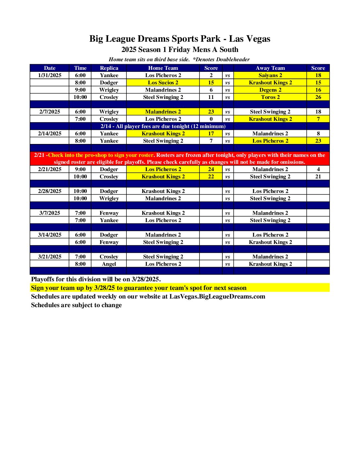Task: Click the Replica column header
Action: [x=109, y=68]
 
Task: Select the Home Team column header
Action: [x=163, y=68]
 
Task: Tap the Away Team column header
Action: [x=270, y=68]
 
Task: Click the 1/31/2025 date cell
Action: [x=50, y=75]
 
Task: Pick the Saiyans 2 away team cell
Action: [x=270, y=75]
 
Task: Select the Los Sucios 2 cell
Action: [x=163, y=82]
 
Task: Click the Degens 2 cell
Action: [x=270, y=90]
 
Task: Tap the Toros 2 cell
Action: [x=270, y=97]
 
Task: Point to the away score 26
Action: [x=318, y=97]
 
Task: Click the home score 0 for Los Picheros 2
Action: [x=211, y=119]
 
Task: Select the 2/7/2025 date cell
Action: [x=50, y=112]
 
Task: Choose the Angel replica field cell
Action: [x=109, y=264]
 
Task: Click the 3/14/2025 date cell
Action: [x=50, y=235]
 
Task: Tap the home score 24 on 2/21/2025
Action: [x=211, y=169]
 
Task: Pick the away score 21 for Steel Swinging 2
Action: [x=318, y=176]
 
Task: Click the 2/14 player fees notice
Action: [x=163, y=126]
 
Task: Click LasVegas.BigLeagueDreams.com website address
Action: [x=217, y=296]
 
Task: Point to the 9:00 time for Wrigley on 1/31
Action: [x=80, y=90]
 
